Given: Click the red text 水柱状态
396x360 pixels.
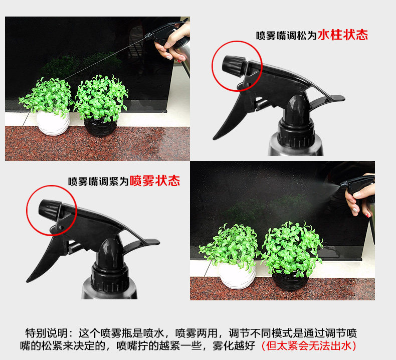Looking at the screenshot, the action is point(342,35).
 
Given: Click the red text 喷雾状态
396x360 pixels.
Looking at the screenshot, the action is point(154,181).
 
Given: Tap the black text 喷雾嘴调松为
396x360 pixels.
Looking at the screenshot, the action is point(286,36).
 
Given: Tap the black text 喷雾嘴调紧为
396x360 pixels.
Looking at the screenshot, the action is point(98,182).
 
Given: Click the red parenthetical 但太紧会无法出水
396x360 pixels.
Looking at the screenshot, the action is point(309,345).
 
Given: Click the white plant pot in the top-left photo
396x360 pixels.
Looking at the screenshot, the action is point(53,123).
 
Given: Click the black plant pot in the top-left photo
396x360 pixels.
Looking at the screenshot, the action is point(100,126).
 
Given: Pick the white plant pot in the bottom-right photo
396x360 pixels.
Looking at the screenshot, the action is point(237,276).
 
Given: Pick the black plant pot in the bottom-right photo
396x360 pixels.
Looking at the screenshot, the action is point(290,280).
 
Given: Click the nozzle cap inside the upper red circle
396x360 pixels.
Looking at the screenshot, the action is point(234,65).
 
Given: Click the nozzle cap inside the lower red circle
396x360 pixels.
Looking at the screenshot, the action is point(50,209).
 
